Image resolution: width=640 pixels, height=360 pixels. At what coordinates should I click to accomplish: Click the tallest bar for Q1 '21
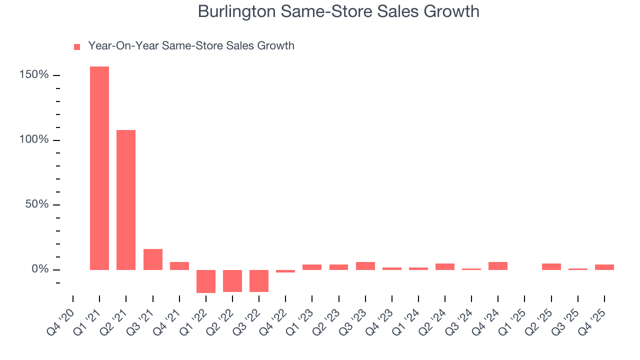99,168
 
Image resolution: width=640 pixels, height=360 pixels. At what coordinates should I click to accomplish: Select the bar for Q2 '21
126,200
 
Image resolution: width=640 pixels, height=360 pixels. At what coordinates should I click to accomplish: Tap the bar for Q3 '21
153,259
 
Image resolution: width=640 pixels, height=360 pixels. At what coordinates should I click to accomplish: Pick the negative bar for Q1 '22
206,281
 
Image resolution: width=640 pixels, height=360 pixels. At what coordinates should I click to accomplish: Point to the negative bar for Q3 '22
259,280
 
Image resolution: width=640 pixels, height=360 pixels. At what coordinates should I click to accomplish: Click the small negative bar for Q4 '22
285,271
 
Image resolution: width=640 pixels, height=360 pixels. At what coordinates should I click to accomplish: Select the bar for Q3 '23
365,266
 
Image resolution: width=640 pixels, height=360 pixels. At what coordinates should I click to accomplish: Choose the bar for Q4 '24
498,266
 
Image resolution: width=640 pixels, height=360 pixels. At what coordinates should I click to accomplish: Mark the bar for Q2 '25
551,266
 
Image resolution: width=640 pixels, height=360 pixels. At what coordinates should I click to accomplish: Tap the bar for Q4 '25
604,267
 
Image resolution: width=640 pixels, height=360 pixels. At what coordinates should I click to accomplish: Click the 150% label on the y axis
34,75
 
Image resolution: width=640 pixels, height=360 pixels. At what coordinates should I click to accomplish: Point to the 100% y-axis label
34,139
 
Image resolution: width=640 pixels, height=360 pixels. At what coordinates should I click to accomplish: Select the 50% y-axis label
37,204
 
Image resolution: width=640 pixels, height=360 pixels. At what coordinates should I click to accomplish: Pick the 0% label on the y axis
40,269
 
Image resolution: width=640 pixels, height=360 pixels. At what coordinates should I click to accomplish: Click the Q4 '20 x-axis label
61,317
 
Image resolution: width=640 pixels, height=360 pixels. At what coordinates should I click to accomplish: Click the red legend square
77,46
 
